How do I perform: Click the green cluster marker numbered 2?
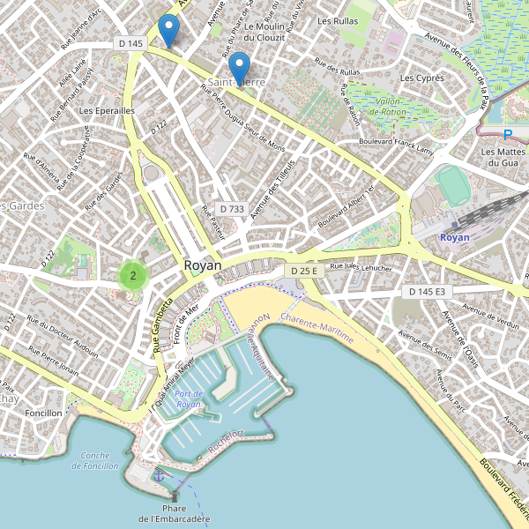pyautogui.click(x=132, y=275)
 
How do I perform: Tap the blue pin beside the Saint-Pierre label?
pyautogui.click(x=238, y=68)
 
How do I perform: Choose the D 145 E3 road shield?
pyautogui.click(x=428, y=291)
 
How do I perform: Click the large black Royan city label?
pyautogui.click(x=203, y=264)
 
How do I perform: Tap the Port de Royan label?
pyautogui.click(x=189, y=399)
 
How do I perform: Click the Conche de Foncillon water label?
pyautogui.click(x=94, y=460)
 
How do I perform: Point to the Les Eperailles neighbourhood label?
pyautogui.click(x=107, y=111)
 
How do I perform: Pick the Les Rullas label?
pyautogui.click(x=338, y=21)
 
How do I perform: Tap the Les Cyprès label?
pyautogui.click(x=421, y=78)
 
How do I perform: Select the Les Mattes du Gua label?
pyautogui.click(x=502, y=157)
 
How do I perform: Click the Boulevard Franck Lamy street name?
pyautogui.click(x=397, y=145)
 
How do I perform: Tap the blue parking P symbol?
pyautogui.click(x=507, y=135)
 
